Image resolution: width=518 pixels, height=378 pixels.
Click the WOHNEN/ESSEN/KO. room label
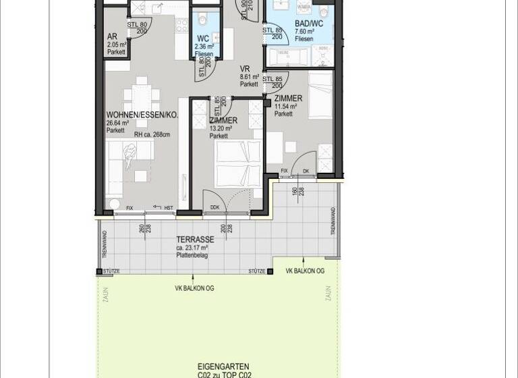click(142, 115)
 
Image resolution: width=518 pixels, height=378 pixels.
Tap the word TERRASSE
click(195, 240)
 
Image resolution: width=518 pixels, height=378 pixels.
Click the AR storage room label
click(112, 36)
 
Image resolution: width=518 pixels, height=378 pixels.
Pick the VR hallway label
click(246, 69)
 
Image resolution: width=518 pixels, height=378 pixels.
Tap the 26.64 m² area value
click(119, 123)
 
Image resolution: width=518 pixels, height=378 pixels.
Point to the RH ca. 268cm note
click(152, 134)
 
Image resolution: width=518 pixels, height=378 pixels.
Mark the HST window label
click(169, 208)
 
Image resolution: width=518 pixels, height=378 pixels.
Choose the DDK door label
click(214, 208)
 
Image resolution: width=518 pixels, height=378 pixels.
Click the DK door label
click(305, 171)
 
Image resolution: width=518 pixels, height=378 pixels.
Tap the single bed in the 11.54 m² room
click(320, 94)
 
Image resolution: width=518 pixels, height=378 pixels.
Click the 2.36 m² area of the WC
click(204, 47)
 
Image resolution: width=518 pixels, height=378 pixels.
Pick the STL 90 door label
click(243, 7)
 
